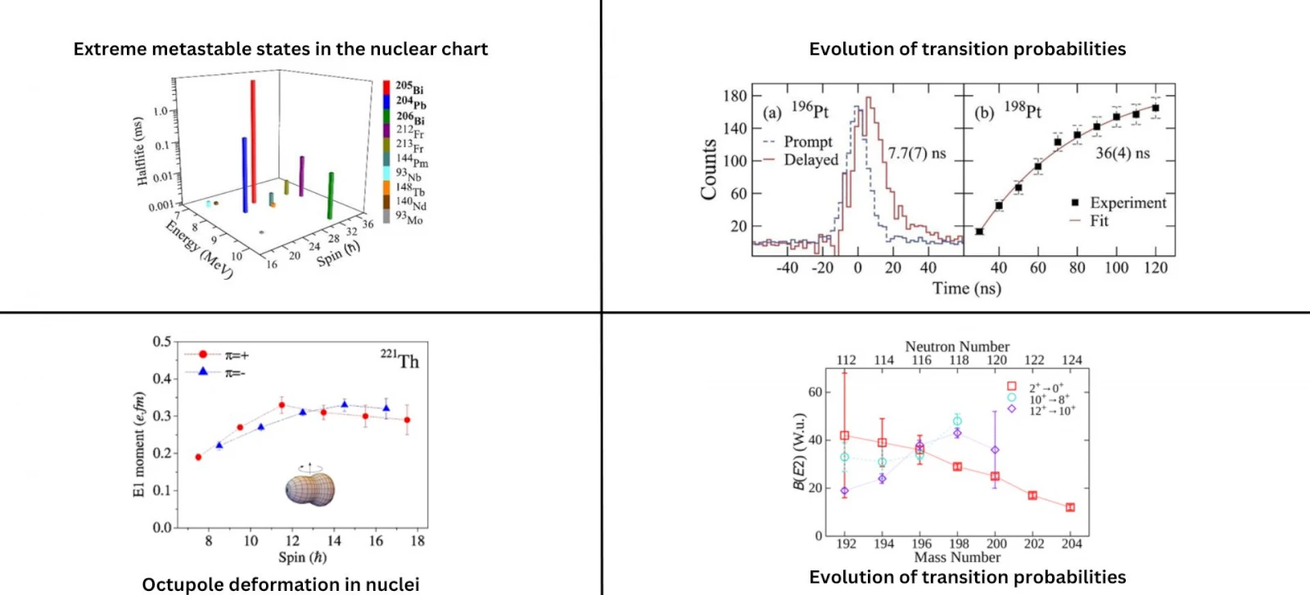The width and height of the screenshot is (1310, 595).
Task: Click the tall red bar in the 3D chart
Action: (x=253, y=139)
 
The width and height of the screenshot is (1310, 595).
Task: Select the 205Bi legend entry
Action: (x=409, y=87)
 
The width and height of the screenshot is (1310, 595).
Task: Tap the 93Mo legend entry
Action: (x=409, y=218)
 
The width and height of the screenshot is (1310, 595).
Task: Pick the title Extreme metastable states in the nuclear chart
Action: (x=280, y=49)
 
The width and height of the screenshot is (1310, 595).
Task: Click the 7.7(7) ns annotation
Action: (x=916, y=153)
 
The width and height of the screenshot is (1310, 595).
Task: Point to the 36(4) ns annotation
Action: (x=1123, y=153)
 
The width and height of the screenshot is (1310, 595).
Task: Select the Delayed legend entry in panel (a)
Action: (x=811, y=160)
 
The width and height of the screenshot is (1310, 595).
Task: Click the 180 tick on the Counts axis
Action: (x=735, y=96)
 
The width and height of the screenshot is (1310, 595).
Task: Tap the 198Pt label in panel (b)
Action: (x=1023, y=110)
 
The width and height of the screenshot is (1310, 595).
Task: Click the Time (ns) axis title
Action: (x=966, y=288)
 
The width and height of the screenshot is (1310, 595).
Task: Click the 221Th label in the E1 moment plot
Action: (x=400, y=360)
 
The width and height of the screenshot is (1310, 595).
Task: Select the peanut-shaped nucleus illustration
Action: (x=310, y=488)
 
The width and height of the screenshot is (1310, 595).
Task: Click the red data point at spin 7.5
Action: (x=198, y=457)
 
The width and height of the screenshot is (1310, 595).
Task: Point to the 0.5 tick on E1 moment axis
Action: (x=162, y=341)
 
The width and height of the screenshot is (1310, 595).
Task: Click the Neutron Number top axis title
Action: (x=957, y=346)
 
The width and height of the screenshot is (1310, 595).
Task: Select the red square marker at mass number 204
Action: (x=1070, y=507)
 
